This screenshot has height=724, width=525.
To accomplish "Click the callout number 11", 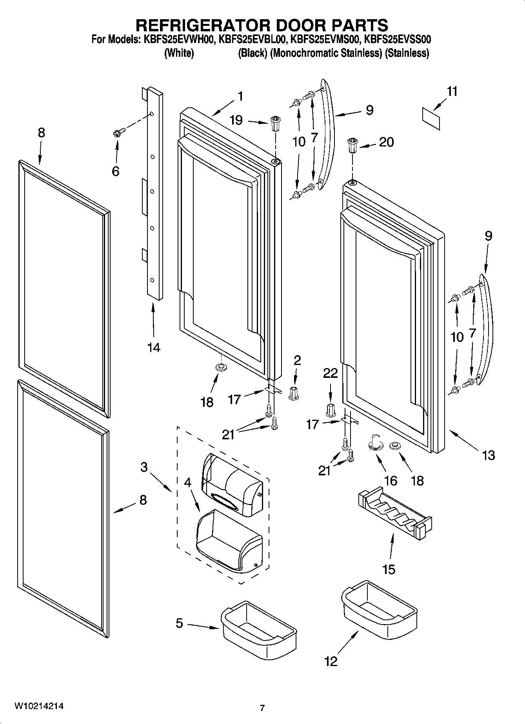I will tap(452, 92).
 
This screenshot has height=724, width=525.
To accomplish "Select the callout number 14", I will tap(154, 347).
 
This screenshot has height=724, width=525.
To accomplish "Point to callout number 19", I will tap(236, 120).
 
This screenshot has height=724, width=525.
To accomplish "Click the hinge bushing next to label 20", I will tap(352, 146).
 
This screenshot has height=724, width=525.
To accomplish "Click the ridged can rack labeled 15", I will tap(394, 513).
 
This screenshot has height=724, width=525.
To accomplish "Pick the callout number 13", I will tap(488, 455).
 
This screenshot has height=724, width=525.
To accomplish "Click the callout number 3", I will tap(144, 467).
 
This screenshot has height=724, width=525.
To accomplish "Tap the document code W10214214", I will tap(39, 706).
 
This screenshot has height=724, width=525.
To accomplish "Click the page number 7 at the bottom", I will tap(262, 708).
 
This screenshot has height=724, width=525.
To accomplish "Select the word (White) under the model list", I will tap(179, 53).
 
